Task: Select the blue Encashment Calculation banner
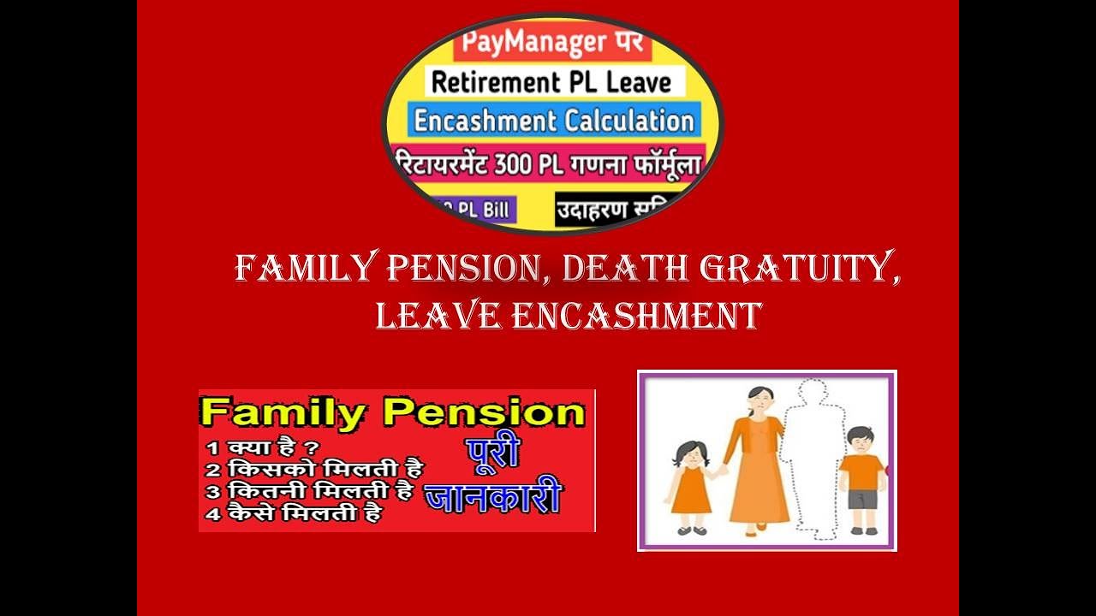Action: [x=554, y=121]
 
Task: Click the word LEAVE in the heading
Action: [x=437, y=316]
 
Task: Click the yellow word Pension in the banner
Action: [x=484, y=413]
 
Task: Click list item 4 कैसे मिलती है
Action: [x=295, y=514]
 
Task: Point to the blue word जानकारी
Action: [x=494, y=497]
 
